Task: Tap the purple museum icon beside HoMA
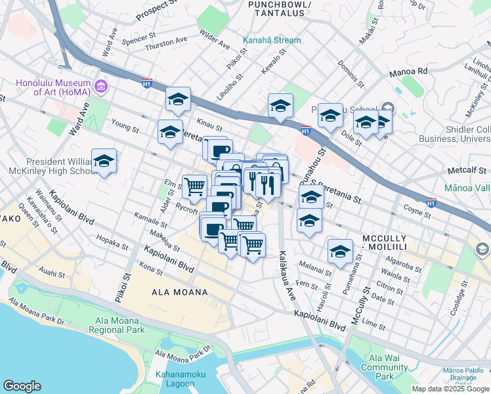tap(100, 86)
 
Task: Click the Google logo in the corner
tap(22, 386)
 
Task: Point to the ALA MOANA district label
tap(179, 292)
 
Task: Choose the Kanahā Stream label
tap(272, 40)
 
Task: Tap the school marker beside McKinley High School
tap(104, 162)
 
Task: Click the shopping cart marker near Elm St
tap(194, 186)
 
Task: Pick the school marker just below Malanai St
tap(339, 252)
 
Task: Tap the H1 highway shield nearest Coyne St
tap(431, 202)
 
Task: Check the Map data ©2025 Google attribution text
tap(450, 389)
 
